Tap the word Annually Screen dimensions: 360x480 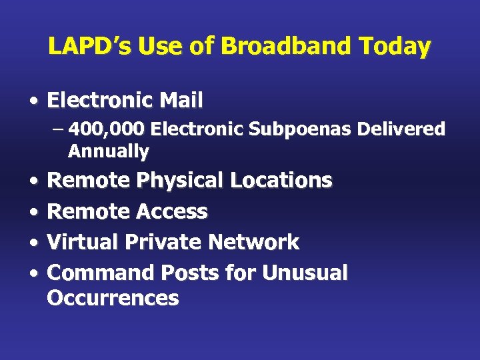coord(109,151)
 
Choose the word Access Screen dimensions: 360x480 coord(171,211)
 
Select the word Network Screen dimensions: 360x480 coord(255,242)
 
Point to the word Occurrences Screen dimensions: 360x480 coord(113,297)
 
